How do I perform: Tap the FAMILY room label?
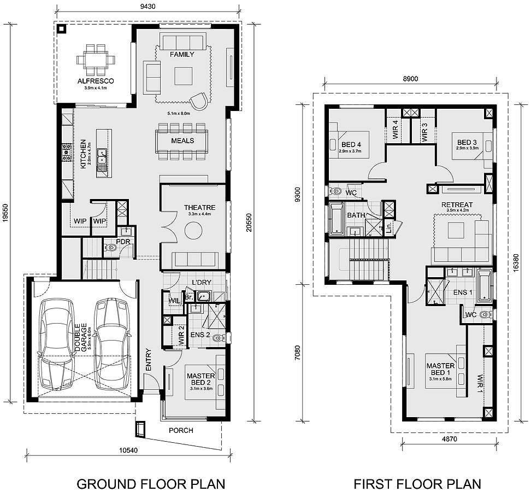tap(182, 55)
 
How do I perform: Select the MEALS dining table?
tap(182, 141)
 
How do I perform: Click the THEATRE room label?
tap(199, 208)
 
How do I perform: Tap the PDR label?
tap(123, 241)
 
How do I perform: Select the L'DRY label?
tap(202, 283)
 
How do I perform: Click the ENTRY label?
tap(148, 361)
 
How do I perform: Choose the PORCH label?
tap(181, 430)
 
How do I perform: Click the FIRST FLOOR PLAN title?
tap(417, 484)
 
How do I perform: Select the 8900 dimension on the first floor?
tap(410, 79)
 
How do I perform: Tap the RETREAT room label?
tap(457, 205)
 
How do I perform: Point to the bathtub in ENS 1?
tap(485, 285)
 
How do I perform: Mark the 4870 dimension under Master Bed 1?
tap(449, 439)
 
